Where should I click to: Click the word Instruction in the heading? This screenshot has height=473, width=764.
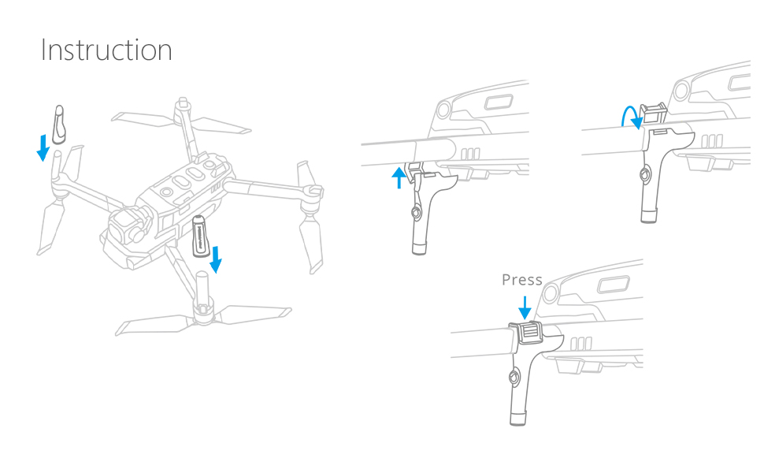(x=106, y=50)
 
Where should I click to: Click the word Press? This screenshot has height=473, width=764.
(x=522, y=280)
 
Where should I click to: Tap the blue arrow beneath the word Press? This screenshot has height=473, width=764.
(x=525, y=307)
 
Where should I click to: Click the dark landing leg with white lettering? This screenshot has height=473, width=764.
(x=201, y=235)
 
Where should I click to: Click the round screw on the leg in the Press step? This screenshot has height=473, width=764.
(x=514, y=378)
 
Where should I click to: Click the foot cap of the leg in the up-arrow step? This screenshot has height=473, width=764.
(x=419, y=248)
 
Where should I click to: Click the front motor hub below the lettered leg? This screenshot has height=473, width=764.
(x=203, y=311)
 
